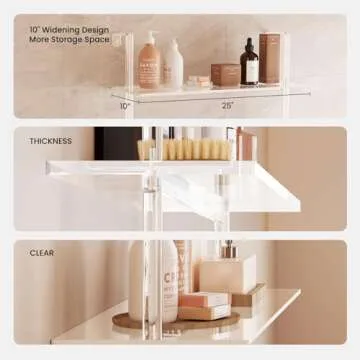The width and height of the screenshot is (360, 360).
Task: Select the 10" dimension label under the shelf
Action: [126, 104]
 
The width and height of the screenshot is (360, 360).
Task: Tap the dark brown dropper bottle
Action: [249, 67]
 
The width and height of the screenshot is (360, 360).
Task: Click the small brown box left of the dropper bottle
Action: [224, 74]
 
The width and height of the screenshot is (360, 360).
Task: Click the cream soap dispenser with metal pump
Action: [229, 271]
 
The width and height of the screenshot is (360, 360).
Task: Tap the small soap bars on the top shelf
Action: [198, 80]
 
